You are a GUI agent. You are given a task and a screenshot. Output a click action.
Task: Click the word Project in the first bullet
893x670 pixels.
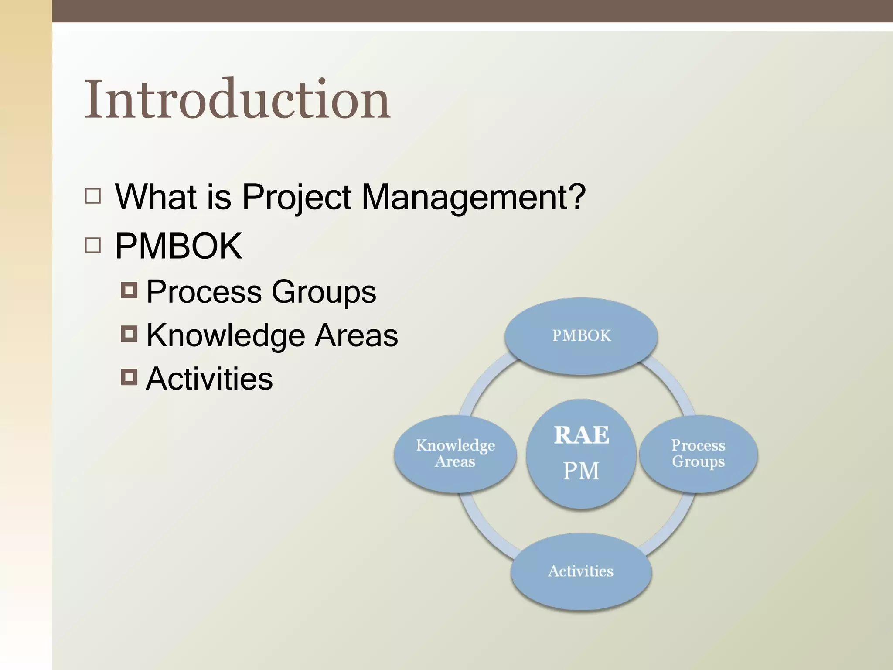296,197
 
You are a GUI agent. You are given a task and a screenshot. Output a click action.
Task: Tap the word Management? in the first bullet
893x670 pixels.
473,197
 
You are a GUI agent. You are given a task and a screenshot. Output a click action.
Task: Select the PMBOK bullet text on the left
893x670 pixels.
178,246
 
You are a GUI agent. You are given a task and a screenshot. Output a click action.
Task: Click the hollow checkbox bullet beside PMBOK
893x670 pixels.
93,246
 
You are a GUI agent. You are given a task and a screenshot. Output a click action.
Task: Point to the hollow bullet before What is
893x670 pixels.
93,196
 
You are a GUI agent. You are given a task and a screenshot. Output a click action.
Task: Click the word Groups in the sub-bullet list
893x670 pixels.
324,292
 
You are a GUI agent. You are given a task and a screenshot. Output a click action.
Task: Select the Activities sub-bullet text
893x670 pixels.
209,378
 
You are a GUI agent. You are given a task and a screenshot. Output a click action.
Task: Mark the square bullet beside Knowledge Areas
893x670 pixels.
129,334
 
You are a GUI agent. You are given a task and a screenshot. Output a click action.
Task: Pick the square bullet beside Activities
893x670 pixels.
129,377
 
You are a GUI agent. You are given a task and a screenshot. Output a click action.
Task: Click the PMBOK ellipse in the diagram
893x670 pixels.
581,336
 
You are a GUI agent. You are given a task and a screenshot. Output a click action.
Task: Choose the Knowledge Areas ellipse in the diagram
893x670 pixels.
455,454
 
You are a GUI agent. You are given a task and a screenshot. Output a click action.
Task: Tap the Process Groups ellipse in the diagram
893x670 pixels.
698,454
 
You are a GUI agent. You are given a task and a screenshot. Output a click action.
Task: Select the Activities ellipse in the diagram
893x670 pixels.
581,571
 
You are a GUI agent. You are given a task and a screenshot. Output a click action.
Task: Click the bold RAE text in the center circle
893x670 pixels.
581,435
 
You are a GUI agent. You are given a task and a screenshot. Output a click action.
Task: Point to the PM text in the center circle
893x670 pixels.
581,471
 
